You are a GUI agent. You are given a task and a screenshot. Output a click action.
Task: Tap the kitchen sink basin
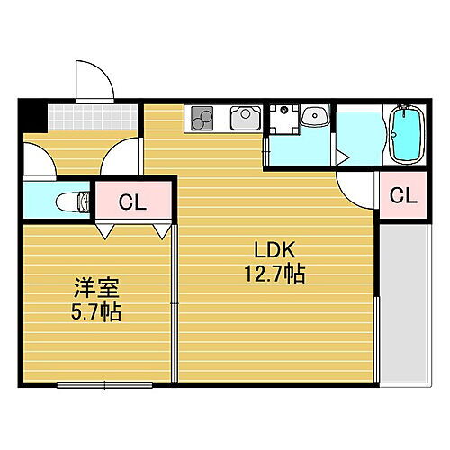[x=244, y=117]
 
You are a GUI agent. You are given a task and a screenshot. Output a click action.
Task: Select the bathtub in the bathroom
[x=408, y=135]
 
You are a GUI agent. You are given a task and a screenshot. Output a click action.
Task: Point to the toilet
[x=71, y=201]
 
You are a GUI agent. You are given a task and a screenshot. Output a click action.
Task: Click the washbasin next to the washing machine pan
[x=314, y=117]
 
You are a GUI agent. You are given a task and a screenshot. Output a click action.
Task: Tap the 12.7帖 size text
[x=274, y=274]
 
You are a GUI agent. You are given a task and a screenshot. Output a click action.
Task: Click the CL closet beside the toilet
[x=132, y=202]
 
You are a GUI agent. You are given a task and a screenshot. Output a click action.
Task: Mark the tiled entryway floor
[x=90, y=117]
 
